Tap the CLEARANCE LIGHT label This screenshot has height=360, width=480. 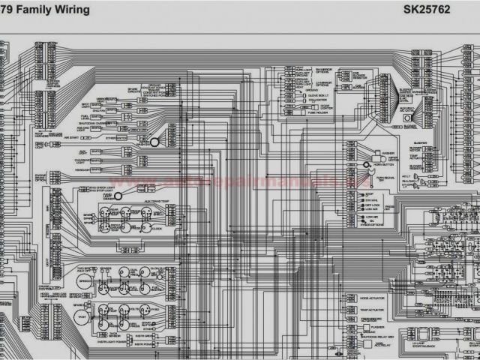83,160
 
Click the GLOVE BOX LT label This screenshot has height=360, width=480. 318,95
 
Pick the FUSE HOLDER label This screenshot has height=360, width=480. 318,113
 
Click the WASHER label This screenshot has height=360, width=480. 388,153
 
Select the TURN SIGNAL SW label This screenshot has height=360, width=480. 386,178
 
